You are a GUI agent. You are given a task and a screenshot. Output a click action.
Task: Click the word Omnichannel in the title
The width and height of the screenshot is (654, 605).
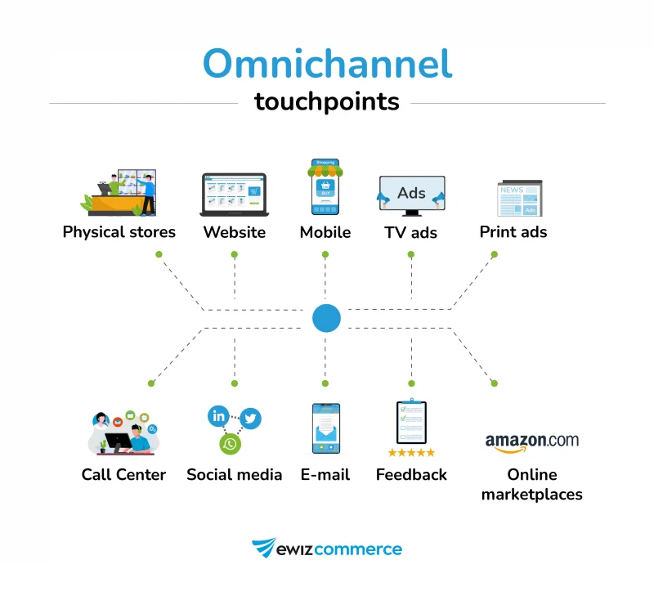pos(327,63)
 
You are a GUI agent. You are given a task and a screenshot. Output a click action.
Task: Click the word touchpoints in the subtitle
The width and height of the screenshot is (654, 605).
pos(327,101)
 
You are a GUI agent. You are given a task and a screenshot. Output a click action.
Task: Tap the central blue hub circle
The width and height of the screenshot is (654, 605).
pos(326,318)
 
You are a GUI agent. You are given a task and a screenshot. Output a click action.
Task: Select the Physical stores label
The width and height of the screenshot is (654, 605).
pos(119,232)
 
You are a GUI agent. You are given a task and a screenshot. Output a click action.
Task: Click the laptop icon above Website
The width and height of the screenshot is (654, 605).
pos(234,195)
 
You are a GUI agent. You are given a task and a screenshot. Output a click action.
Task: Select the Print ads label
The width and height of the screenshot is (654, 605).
pos(513,232)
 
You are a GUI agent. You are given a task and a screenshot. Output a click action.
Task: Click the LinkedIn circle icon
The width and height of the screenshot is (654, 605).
pos(219,416)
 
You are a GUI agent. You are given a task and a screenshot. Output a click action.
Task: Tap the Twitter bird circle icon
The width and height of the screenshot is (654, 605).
pos(250,419)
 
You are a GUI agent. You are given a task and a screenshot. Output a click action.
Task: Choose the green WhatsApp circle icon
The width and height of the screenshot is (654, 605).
pos(231,444)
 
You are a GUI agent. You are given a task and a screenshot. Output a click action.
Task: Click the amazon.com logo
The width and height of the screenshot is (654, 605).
pos(531,442)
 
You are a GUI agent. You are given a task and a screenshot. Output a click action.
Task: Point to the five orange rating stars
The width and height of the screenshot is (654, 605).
pos(411,452)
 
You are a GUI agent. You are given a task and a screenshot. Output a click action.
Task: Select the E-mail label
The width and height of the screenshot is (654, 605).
pos(325,475)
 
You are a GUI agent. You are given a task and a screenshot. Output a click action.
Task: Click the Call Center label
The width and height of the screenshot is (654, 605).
pos(123,475)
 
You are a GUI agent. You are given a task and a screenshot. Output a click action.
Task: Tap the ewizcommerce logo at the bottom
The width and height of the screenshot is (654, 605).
pos(327,549)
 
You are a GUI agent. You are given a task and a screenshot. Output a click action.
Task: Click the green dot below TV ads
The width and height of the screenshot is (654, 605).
pos(411,254)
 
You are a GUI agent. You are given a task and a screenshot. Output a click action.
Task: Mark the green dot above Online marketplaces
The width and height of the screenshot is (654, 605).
pos(495,383)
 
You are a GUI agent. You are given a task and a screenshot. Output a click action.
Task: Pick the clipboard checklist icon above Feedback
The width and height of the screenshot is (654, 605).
pos(411,423)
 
